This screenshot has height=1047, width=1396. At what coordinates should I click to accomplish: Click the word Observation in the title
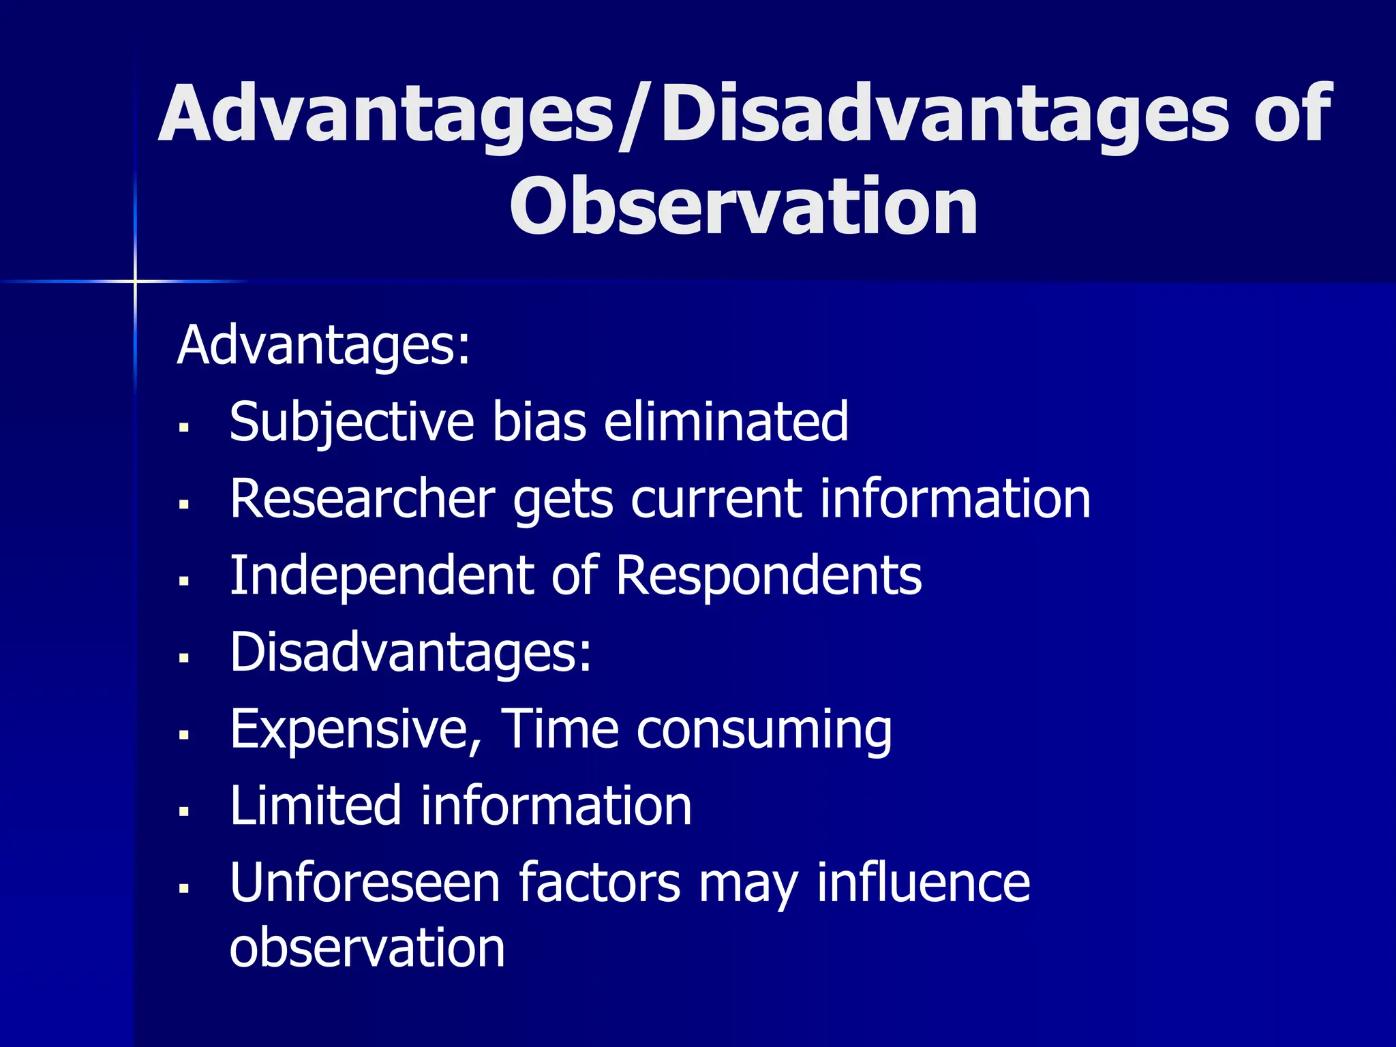pos(744,206)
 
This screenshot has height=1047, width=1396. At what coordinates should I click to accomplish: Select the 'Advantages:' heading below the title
pos(323,346)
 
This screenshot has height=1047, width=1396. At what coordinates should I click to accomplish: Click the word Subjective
pos(352,423)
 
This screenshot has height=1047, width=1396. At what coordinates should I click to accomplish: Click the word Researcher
pos(363,499)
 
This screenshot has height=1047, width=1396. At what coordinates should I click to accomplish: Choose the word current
pos(716,500)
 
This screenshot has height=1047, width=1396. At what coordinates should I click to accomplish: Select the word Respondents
pos(768,576)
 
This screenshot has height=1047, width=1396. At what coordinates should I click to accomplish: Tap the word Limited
pos(316,806)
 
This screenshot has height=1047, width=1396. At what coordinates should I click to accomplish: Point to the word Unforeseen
pos(365,883)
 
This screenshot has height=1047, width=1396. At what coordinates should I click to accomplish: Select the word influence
pos(923,883)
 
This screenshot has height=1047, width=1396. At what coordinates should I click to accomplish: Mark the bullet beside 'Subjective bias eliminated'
pos(183,428)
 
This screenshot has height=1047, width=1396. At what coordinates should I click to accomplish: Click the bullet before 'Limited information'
pos(183,811)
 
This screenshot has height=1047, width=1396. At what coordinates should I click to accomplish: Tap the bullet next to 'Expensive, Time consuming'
pos(183,735)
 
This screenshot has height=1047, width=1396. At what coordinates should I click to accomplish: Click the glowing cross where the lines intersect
pos(135,281)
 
